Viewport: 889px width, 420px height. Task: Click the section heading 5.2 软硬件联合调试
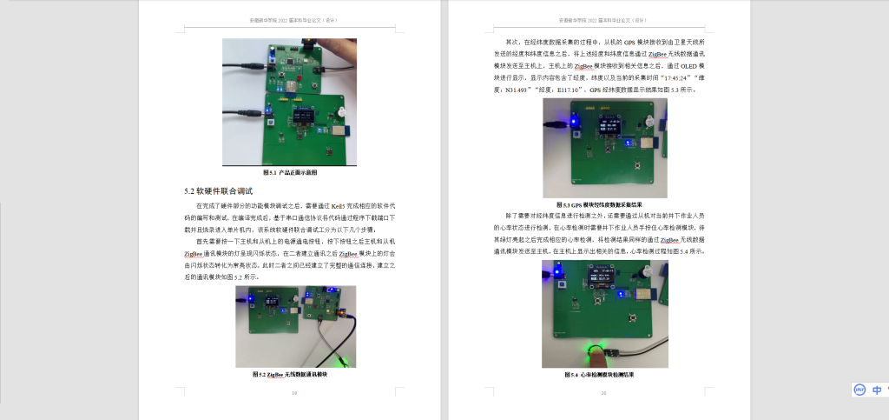pos(218,190)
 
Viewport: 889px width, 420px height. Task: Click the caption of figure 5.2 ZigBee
pos(290,374)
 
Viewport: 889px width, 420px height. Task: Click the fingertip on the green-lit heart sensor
pos(596,353)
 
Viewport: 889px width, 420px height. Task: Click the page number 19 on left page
pos(294,393)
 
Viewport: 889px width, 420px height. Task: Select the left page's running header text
pos(293,20)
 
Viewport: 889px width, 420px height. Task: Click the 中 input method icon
pos(877,390)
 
